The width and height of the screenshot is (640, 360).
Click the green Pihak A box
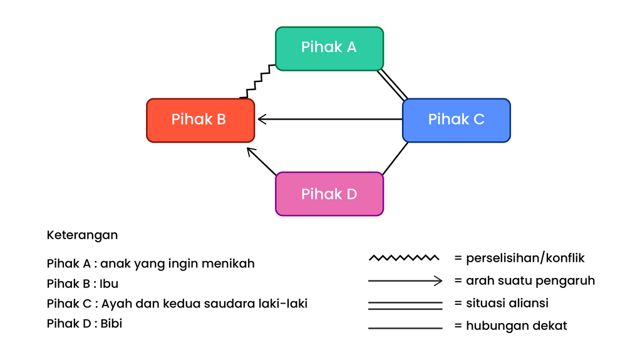329,48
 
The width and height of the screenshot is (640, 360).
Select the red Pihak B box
200,120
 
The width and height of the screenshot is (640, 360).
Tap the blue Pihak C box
456,120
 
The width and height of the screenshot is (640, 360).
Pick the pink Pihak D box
329,194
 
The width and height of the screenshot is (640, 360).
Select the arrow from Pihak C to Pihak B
329,119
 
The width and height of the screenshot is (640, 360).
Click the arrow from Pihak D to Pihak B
262,161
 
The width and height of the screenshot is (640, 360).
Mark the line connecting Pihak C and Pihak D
396,158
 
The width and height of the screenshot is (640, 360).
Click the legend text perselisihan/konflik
525,258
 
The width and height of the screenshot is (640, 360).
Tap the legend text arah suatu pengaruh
530,280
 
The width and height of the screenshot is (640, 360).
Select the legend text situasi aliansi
507,303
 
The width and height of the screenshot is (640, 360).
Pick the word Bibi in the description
111,324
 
